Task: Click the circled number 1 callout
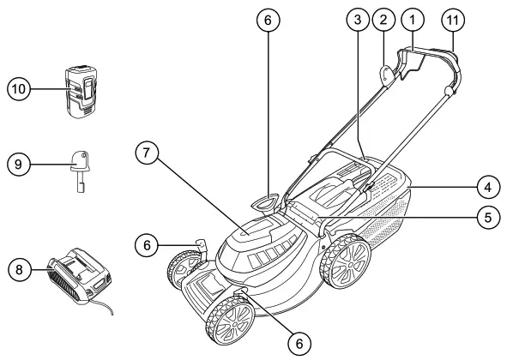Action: [414, 17]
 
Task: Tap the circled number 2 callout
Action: [385, 17]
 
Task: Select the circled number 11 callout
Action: [455, 17]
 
